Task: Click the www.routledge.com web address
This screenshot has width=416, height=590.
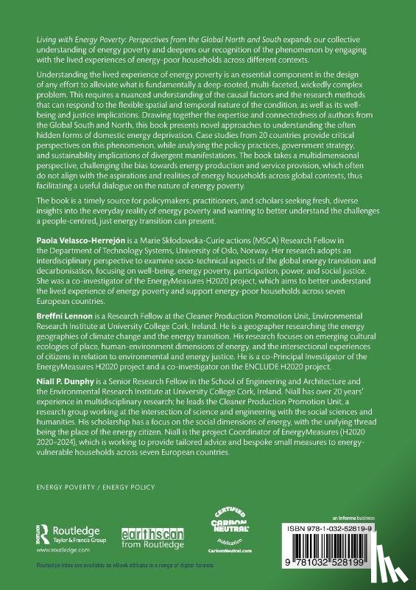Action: click(x=56, y=549)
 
